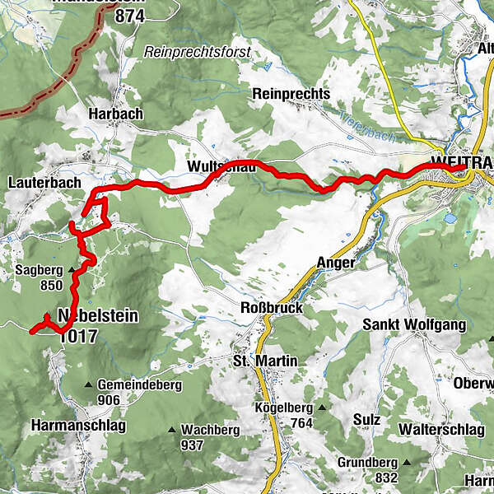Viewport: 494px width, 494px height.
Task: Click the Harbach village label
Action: click(x=116, y=113)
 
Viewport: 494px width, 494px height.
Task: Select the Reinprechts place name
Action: click(x=291, y=94)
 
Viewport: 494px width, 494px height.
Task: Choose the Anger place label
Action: click(x=335, y=263)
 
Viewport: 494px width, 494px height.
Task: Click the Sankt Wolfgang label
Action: click(x=414, y=324)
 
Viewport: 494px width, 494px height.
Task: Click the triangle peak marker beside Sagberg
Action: click(x=72, y=269)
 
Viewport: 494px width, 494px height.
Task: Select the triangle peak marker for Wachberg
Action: click(x=172, y=430)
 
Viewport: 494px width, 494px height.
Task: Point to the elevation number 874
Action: click(x=130, y=16)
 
